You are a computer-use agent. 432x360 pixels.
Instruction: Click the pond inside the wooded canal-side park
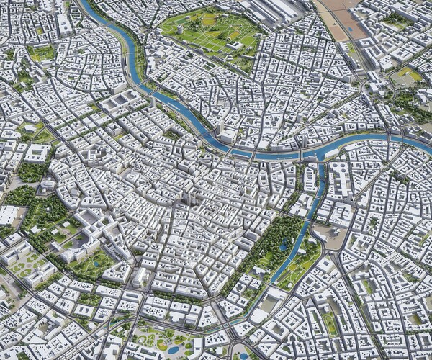[x=282, y=246]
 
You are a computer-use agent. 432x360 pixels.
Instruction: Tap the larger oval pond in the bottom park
[x=173, y=348]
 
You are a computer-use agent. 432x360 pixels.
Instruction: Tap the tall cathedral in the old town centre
[x=189, y=196]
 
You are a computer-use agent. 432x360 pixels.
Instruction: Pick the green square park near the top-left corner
[x=42, y=53]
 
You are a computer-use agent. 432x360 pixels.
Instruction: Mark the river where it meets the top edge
[x=85, y=4]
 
